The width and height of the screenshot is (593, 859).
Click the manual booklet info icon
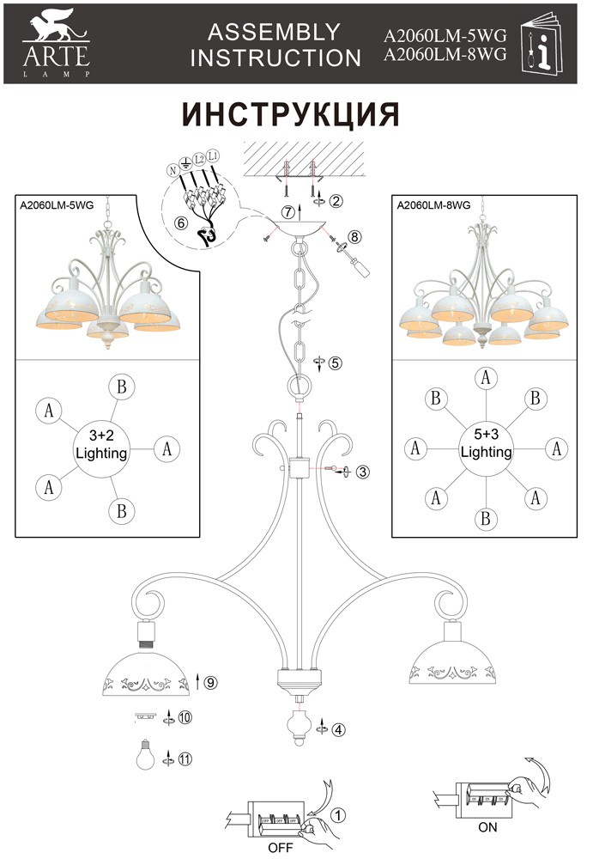tap(544, 44)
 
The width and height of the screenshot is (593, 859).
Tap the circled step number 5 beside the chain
tap(336, 362)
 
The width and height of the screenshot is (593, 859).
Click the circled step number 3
tap(363, 472)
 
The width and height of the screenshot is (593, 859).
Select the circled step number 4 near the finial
tap(339, 730)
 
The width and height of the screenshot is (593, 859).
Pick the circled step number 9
tap(211, 683)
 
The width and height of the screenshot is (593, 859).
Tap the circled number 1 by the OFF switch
tap(339, 813)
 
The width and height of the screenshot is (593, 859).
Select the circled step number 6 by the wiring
tap(180, 222)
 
